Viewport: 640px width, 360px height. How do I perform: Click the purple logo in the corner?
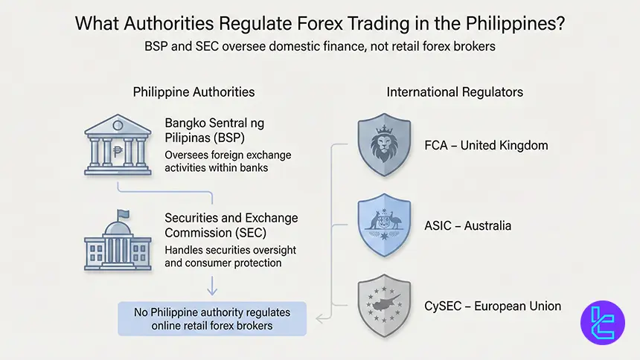pyautogui.click(x=602, y=323)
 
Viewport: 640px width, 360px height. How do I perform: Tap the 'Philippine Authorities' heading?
pyautogui.click(x=193, y=92)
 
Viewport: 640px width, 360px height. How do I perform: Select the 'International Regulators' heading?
pyautogui.click(x=455, y=92)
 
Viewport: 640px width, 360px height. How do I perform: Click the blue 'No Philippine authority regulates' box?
pyautogui.click(x=212, y=318)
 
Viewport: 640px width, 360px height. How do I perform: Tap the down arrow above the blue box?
pyautogui.click(x=212, y=286)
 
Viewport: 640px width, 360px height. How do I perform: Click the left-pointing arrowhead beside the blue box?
pyautogui.click(x=319, y=318)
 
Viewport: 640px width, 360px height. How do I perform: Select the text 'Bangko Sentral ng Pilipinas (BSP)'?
pyautogui.click(x=216, y=129)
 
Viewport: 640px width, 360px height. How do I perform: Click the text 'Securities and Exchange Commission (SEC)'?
pyautogui.click(x=231, y=225)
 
